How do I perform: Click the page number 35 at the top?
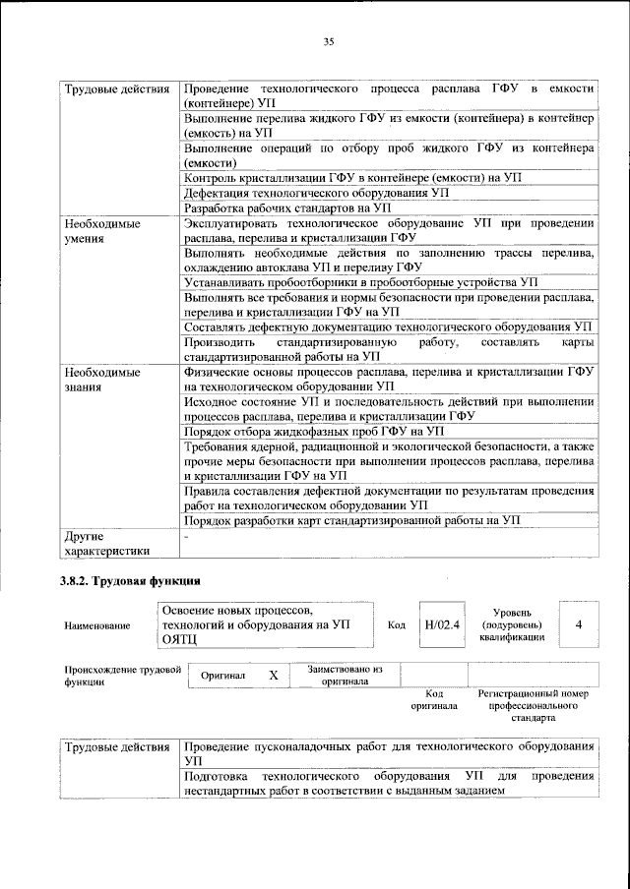330,40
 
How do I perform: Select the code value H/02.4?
442,624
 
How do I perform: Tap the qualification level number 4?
578,624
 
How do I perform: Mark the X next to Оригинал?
274,676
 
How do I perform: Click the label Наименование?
96,625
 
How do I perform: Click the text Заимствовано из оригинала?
345,675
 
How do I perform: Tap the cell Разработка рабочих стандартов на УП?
287,208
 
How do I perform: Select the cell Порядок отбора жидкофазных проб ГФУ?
314,431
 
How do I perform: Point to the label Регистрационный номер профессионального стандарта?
533,705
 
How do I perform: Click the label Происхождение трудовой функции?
122,675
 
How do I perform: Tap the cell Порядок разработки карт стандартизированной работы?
351,520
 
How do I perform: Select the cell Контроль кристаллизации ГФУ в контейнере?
351,178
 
